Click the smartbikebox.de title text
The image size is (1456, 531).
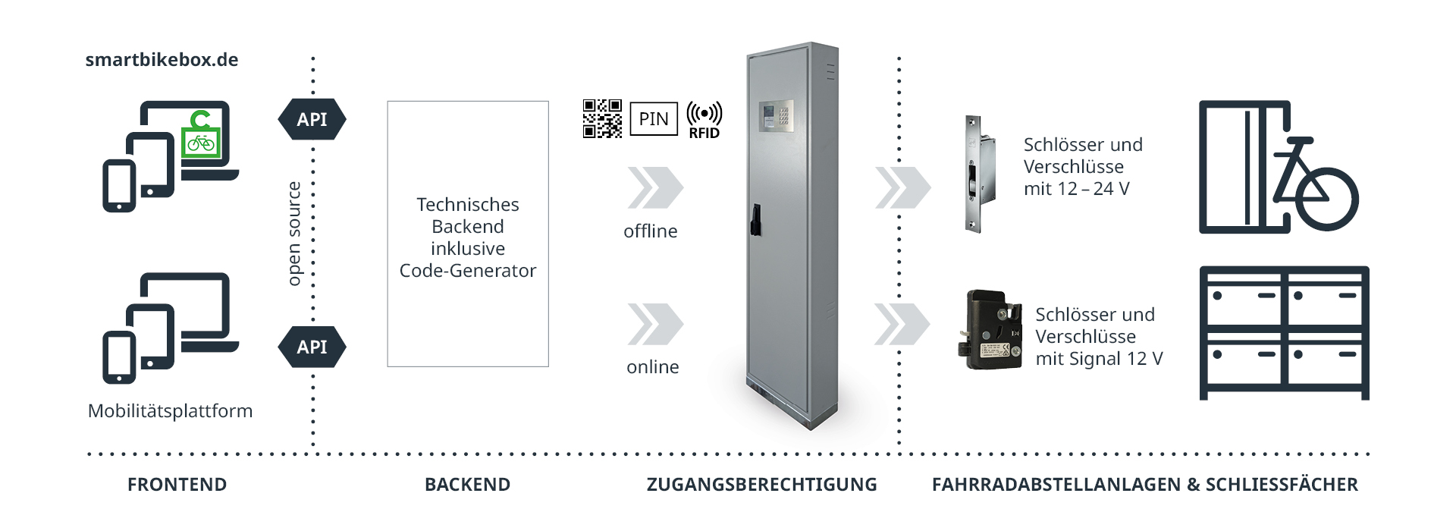(162, 60)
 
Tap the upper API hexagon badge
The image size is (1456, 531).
(312, 119)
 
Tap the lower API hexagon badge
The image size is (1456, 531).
(312, 347)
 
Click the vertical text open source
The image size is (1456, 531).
(294, 234)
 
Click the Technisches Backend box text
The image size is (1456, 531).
(468, 237)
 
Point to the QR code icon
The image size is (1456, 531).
(602, 118)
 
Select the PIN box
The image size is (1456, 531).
(654, 119)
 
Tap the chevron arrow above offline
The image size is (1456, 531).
(654, 187)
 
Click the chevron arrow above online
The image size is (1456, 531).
(654, 324)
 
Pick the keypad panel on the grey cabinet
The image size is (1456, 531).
(776, 116)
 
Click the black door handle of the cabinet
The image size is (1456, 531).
(755, 219)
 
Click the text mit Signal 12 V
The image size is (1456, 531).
(1099, 359)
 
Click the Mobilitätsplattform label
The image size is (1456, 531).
(170, 411)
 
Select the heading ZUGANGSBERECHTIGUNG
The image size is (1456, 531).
(761, 485)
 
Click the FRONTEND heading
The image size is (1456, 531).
(177, 485)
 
